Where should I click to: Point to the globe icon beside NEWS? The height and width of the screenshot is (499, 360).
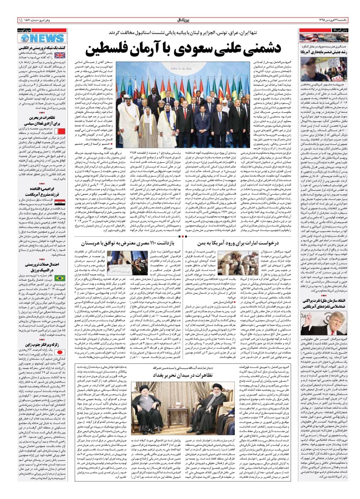23,37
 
